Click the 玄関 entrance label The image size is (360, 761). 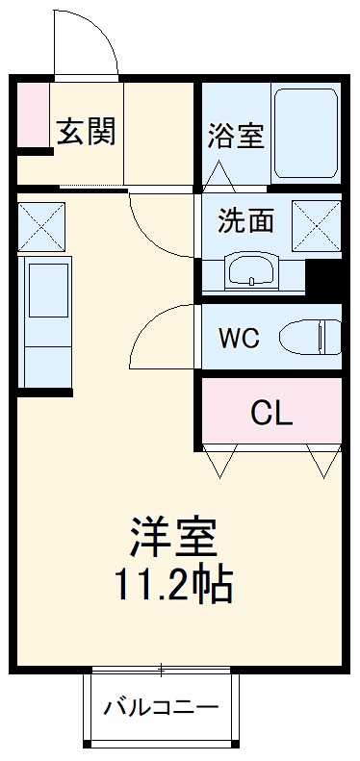tap(87, 132)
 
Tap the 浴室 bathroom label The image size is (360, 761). tap(235, 137)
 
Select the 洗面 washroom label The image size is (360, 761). tap(244, 220)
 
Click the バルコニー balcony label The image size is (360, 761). tap(161, 710)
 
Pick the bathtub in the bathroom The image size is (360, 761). tap(306, 135)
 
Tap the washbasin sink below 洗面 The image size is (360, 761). tap(252, 271)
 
